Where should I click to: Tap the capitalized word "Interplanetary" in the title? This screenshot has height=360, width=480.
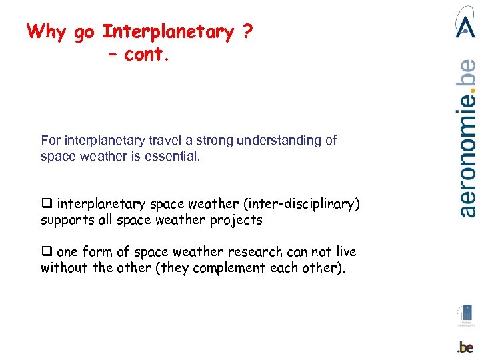click(169, 32)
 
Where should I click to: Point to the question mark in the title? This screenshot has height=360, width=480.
click(247, 32)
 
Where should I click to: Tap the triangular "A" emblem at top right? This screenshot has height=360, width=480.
click(465, 23)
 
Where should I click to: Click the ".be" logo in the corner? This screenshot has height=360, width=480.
click(465, 347)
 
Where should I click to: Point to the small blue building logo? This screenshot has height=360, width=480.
click(466, 313)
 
